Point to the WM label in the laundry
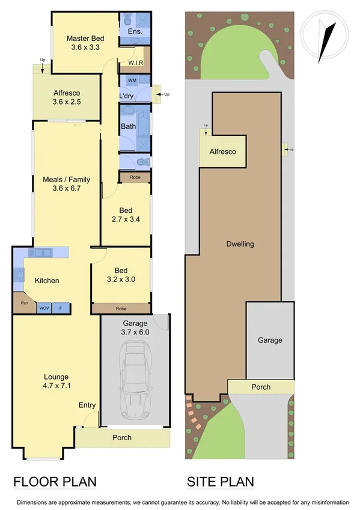(132, 80)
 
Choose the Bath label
(128, 126)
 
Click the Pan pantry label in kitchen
(25, 303)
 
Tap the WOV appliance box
(44, 308)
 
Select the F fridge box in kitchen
(60, 308)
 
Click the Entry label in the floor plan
(87, 405)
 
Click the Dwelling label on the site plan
(240, 244)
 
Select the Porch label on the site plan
(261, 387)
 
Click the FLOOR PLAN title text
(55, 481)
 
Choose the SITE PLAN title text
(220, 481)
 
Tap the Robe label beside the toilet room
(135, 177)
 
